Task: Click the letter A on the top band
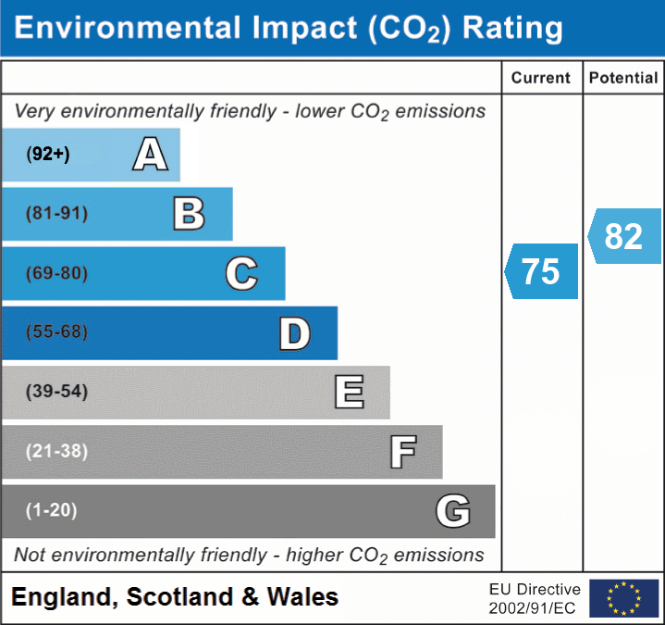150,155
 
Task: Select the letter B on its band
189,214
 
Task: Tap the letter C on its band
241,273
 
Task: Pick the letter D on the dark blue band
294,333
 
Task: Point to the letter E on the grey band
348,393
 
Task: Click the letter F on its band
402,452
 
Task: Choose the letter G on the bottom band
452,511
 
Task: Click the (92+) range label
48,155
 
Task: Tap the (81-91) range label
57,214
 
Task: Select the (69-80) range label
57,273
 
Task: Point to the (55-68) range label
57,332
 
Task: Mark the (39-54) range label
57,392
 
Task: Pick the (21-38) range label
57,451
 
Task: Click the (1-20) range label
52,510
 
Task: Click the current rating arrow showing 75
542,271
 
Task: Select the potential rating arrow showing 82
624,236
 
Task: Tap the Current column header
541,79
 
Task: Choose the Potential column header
623,79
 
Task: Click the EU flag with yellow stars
624,598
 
